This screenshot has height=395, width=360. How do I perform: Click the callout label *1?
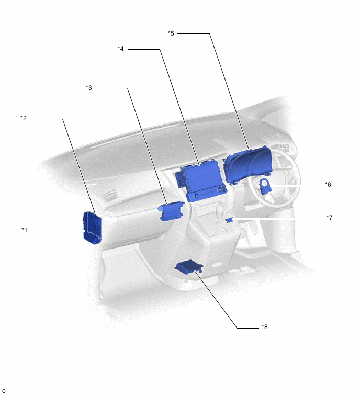tap(24, 230)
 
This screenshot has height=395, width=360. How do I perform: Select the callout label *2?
tap(24, 118)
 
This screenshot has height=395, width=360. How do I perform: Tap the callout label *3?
tap(89, 88)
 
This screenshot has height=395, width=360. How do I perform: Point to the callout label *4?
tap(121, 48)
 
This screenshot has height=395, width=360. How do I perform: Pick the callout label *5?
tap(171, 33)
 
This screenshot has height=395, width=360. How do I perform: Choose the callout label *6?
tap(328, 185)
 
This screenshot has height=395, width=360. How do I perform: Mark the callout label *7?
tap(330, 218)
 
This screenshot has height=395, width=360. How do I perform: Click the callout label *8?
tap(265, 327)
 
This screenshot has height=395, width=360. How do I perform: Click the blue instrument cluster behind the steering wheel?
tap(245, 164)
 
